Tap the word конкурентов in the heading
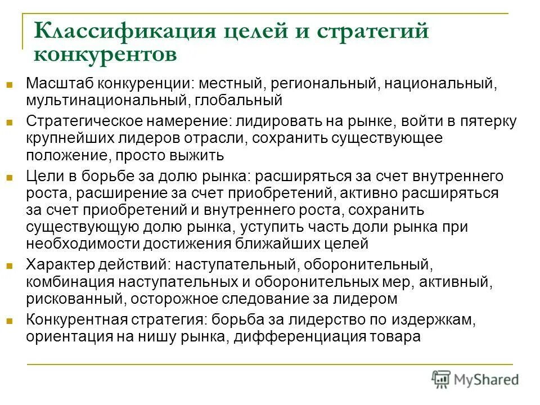[105, 55]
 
